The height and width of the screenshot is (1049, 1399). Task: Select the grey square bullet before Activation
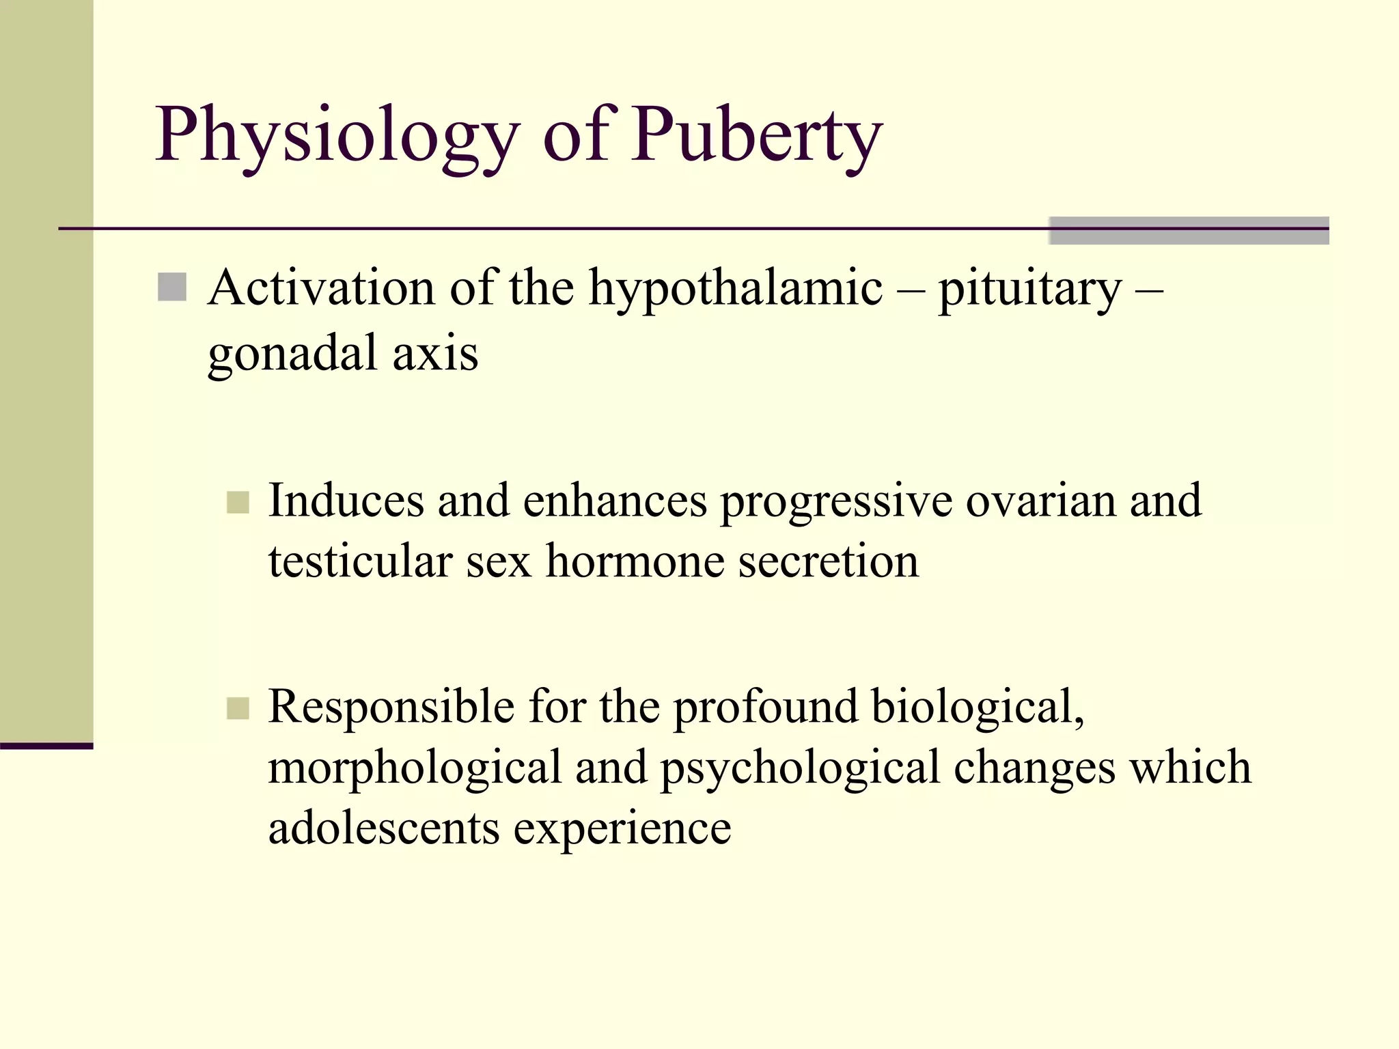[x=172, y=288]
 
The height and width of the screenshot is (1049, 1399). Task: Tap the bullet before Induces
[x=238, y=503]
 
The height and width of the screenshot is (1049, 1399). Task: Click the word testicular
[x=360, y=561]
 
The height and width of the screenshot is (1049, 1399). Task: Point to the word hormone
[x=635, y=561]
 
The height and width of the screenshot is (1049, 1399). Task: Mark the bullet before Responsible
[x=238, y=708]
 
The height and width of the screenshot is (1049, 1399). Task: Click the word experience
[x=622, y=829]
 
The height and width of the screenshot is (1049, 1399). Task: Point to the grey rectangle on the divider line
[x=1189, y=230]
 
